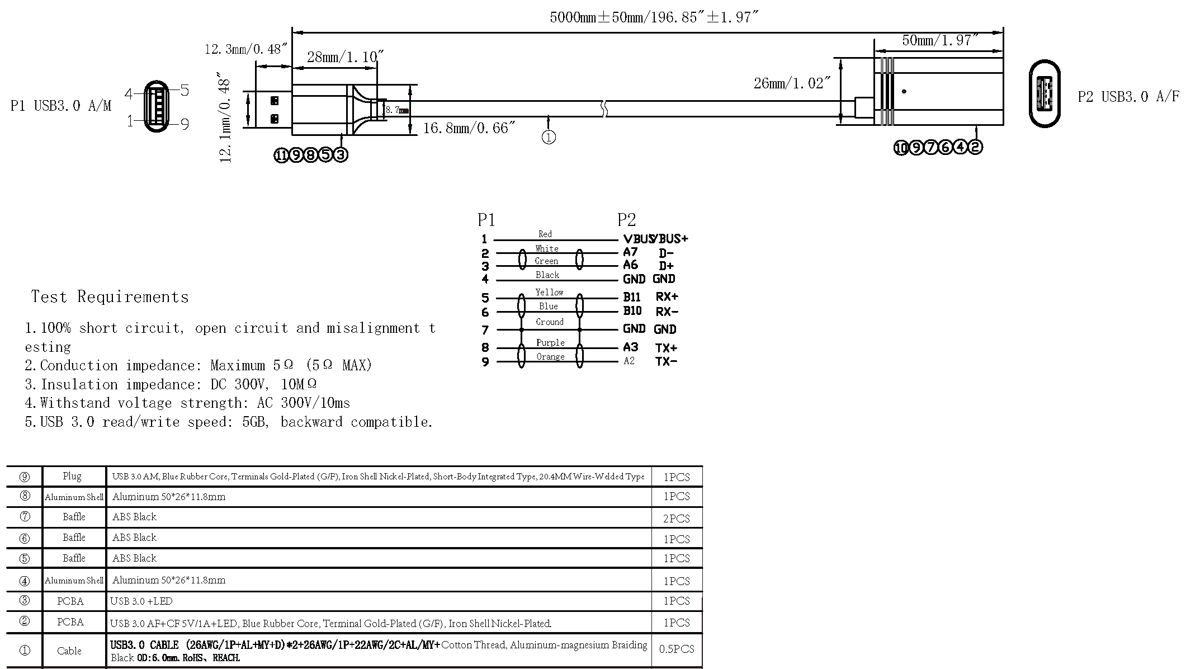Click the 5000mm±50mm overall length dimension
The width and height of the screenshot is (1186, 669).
point(654,17)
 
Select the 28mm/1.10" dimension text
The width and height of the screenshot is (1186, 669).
point(345,57)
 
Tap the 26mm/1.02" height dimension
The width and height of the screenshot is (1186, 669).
point(792,83)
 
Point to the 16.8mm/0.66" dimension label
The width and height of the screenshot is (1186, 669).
point(469,128)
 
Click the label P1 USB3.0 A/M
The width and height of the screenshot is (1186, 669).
point(61,106)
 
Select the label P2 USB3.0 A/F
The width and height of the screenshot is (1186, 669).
point(1128,97)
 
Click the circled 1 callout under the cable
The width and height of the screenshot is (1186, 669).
point(549,137)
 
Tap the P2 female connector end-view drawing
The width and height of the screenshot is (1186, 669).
point(1045,93)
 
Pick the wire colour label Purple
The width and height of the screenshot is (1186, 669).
point(550,342)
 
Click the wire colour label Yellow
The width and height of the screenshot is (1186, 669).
point(549,292)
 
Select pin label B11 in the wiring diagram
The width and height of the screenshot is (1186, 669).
point(632,297)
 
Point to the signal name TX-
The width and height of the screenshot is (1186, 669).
point(666,361)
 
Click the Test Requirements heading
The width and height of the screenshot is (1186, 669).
point(110,297)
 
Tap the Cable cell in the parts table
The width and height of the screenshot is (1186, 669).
point(69,651)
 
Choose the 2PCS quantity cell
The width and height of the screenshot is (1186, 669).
point(676,519)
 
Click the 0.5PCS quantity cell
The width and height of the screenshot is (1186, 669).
point(676,649)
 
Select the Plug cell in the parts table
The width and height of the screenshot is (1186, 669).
point(72,476)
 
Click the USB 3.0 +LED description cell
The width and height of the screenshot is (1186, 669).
point(141,601)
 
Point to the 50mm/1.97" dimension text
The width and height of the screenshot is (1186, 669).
point(940,40)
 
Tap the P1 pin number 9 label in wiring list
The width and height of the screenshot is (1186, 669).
point(485,362)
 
